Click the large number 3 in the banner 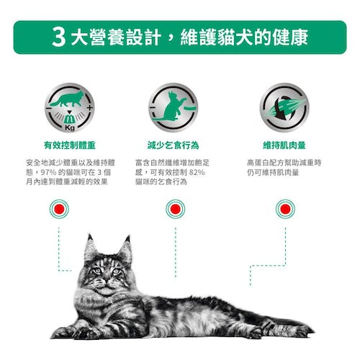click(58, 37)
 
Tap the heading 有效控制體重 click(70, 145)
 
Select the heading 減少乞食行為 click(174, 145)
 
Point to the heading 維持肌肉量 click(284, 145)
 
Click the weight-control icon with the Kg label click(70, 107)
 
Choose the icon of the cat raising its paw click(174, 107)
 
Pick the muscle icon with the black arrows click(284, 107)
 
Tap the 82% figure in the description click(197, 172)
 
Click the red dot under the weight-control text click(59, 209)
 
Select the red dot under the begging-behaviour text click(176, 209)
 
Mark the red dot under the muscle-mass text click(285, 209)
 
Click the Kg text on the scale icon click(70, 128)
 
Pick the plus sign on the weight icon click(89, 107)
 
